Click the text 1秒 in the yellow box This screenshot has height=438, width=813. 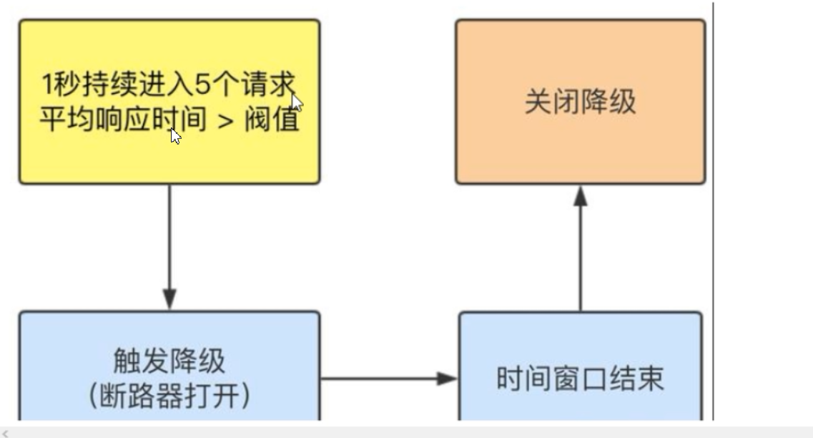click(59, 85)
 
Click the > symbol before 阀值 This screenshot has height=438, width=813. click(225, 120)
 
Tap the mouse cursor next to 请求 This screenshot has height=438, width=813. click(296, 102)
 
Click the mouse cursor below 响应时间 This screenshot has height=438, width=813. click(175, 135)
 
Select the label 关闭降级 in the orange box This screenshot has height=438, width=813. click(580, 102)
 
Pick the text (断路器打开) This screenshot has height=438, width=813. click(169, 396)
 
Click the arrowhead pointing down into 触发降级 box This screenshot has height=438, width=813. click(169, 298)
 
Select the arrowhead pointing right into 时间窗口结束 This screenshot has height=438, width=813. click(448, 379)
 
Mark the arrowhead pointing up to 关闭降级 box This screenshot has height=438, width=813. click(581, 196)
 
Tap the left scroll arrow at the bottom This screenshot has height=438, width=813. click(5, 433)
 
